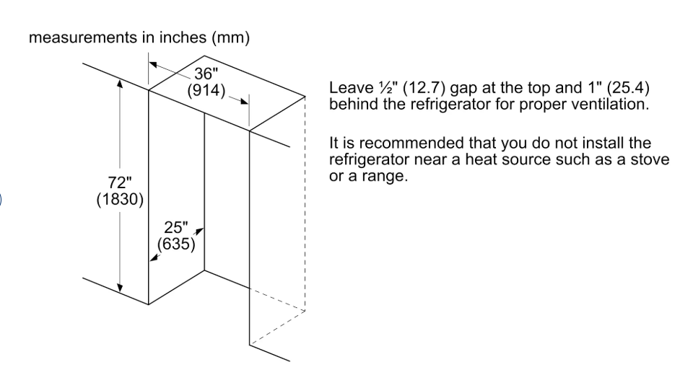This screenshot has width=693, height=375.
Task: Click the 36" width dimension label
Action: point(206,74)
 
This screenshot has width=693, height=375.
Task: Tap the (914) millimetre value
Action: point(206,91)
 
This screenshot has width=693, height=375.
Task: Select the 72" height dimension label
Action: point(120,182)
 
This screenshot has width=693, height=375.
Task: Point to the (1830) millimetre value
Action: point(120,200)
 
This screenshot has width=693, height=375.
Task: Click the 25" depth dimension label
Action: point(176,227)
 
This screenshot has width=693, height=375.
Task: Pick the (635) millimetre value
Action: point(176,244)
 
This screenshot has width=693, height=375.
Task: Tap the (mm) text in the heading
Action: point(230,38)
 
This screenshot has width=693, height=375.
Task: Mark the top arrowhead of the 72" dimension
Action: point(120,83)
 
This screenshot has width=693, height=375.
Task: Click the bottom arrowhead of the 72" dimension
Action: point(120,288)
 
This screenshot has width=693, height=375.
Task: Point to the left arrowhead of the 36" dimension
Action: point(153,65)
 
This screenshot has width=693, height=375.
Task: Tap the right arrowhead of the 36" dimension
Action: point(244,102)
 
